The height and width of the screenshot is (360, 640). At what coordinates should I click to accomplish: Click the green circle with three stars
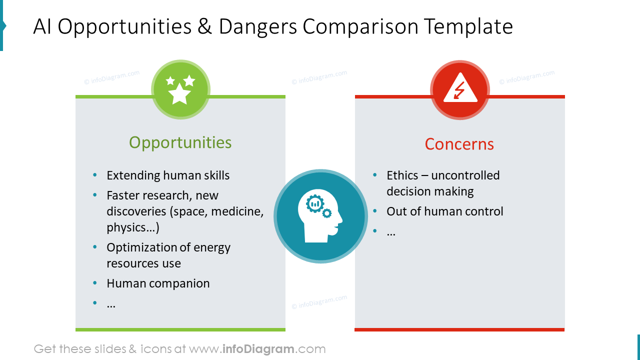(180, 89)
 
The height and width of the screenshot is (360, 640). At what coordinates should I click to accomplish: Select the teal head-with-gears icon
(320, 216)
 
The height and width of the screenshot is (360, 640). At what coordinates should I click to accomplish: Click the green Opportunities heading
(180, 142)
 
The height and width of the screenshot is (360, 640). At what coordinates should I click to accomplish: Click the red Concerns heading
(459, 144)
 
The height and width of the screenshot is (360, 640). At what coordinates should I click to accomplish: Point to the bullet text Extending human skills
(168, 175)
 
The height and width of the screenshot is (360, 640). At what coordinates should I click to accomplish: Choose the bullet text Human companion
(158, 283)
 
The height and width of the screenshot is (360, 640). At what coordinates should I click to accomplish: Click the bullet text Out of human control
(444, 211)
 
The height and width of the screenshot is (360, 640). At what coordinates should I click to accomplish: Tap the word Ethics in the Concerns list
(402, 175)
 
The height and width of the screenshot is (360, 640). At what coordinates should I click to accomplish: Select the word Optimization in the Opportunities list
(142, 247)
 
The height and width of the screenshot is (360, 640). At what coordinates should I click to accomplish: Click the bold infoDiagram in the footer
(258, 349)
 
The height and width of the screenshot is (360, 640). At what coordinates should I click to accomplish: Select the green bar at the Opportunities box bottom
(180, 329)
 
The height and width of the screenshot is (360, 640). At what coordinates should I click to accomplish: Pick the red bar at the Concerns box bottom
(459, 329)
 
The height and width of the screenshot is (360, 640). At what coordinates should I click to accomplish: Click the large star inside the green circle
(179, 93)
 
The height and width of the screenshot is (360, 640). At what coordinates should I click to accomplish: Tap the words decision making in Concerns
(429, 191)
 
